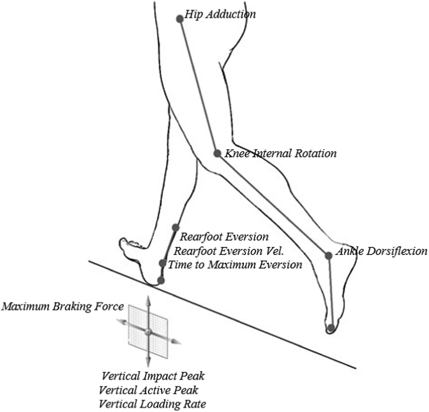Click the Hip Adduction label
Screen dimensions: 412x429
tap(220, 15)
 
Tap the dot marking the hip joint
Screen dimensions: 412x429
tap(180, 19)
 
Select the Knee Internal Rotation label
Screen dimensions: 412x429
tap(280, 153)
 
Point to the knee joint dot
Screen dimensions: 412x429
tap(217, 153)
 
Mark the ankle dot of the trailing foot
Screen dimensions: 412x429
tap(329, 256)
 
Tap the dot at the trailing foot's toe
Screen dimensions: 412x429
tap(331, 328)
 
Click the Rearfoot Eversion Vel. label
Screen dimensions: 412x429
tap(229, 251)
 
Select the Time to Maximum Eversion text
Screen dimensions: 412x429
tap(235, 265)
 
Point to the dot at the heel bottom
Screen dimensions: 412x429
tap(161, 280)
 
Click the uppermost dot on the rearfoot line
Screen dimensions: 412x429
tap(175, 227)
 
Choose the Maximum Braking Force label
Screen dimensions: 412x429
tap(62, 306)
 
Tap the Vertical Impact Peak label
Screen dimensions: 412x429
tap(153, 376)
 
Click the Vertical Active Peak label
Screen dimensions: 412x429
tap(149, 390)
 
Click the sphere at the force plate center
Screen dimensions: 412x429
tap(148, 332)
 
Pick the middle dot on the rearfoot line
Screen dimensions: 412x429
tap(163, 263)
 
